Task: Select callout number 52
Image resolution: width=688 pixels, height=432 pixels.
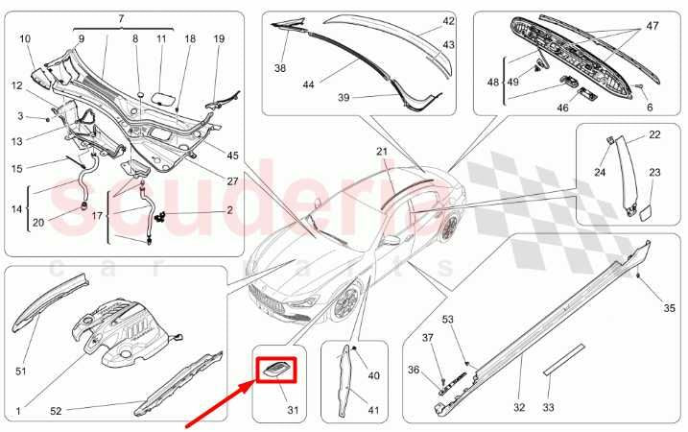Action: click(56, 411)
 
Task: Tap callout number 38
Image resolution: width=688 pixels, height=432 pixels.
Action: click(279, 68)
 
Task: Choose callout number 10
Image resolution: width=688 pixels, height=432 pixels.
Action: click(25, 38)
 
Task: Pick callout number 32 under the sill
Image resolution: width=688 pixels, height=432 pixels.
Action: click(519, 407)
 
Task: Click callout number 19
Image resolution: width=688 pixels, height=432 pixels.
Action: click(219, 38)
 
